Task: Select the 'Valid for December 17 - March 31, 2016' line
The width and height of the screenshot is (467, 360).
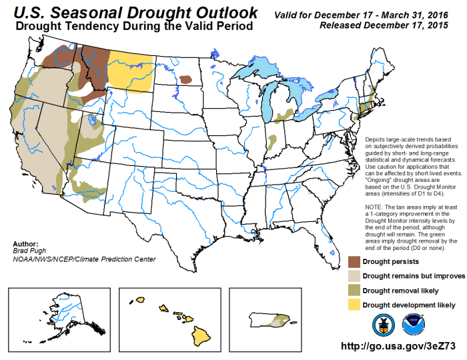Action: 370,13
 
